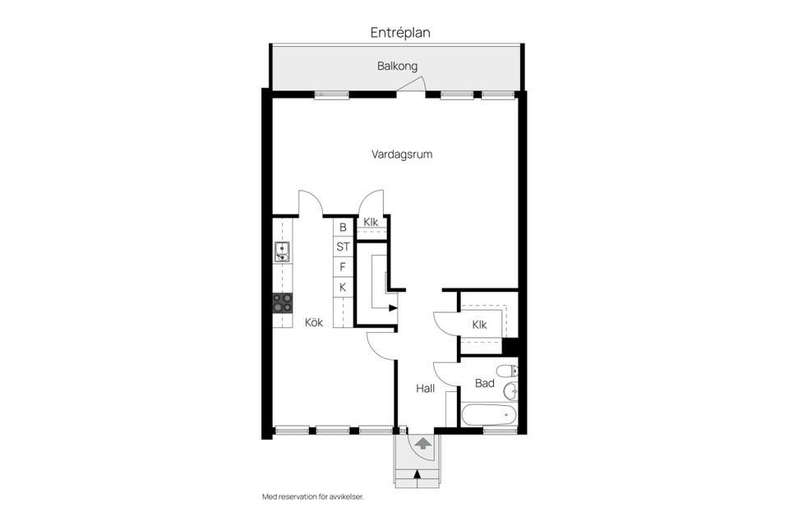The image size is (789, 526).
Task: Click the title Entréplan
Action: tap(400, 33)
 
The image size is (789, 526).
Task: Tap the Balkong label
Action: tap(398, 66)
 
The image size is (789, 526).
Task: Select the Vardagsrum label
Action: tap(402, 153)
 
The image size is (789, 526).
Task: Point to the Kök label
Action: tap(314, 322)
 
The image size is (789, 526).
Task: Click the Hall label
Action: tap(425, 388)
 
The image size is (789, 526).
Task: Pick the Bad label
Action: tap(484, 383)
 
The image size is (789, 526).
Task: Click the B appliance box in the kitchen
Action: tap(343, 227)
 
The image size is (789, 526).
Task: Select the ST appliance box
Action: tap(343, 247)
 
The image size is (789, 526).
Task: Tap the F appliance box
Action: tap(343, 266)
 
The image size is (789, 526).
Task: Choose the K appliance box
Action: tap(343, 287)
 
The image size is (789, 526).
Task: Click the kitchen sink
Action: tap(282, 251)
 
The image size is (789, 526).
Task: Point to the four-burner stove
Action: tap(283, 302)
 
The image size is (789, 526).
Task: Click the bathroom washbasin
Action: tap(510, 391)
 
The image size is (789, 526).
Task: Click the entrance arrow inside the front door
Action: tap(422, 445)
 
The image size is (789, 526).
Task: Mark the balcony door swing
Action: tap(416, 85)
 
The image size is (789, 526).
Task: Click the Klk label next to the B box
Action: tap(371, 222)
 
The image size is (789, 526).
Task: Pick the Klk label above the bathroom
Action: tap(479, 325)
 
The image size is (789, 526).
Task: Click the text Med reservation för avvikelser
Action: tap(312, 496)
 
